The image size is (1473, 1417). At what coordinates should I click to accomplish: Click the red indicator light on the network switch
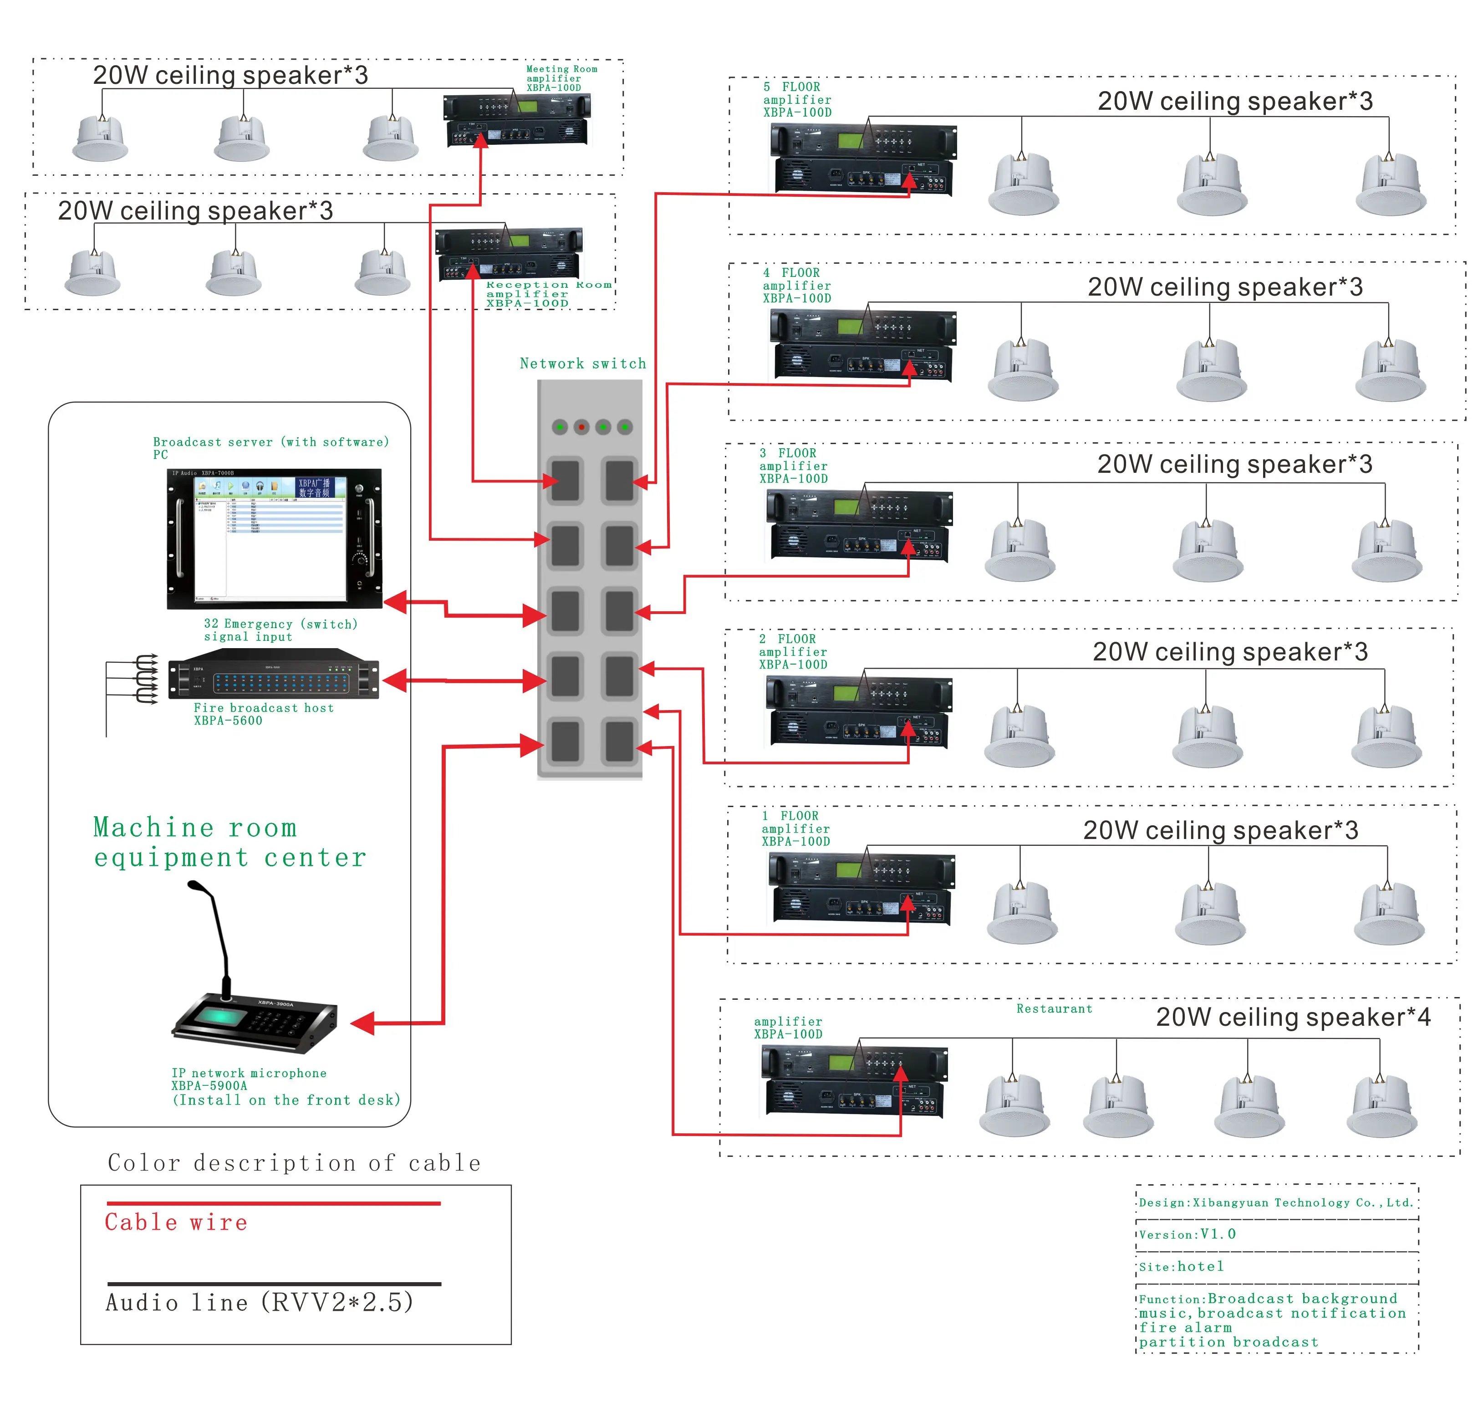(x=581, y=427)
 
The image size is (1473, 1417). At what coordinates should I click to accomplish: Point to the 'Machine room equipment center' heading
(x=229, y=842)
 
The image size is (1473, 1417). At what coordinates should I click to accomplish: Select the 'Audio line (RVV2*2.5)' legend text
(x=259, y=1302)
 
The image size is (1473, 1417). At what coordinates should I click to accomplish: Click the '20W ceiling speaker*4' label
(x=1293, y=1017)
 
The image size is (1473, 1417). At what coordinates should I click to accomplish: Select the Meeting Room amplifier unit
(x=517, y=120)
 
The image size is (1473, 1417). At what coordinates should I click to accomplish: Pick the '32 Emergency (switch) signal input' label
(x=280, y=630)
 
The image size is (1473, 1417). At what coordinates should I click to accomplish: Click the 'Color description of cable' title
(x=294, y=1163)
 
